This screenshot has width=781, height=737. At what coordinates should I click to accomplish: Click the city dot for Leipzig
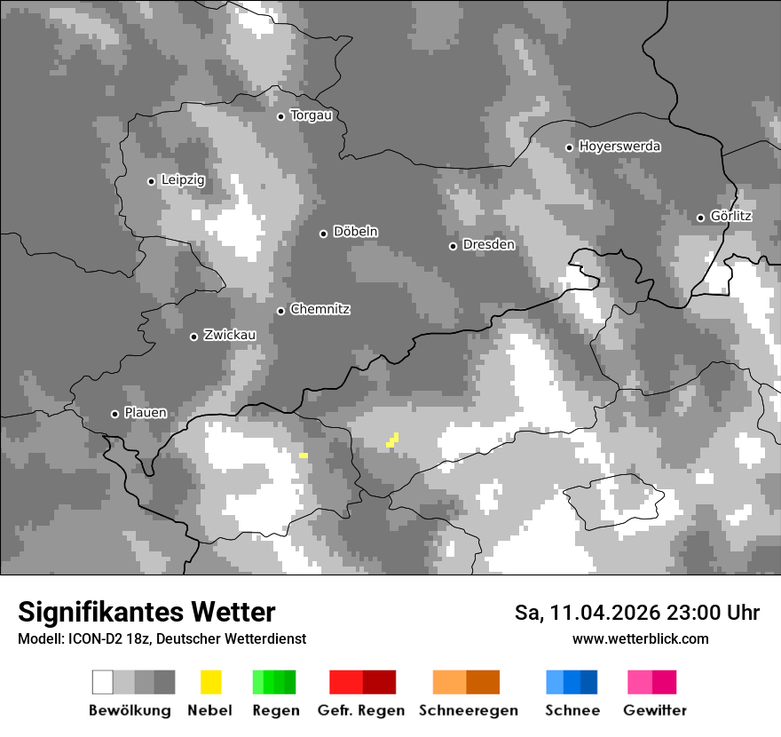pyautogui.click(x=151, y=181)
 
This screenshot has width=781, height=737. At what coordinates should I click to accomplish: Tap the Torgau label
pyautogui.click(x=311, y=115)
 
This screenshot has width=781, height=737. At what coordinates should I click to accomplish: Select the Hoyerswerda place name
pyautogui.click(x=619, y=147)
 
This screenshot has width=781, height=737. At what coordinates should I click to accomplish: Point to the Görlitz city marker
pyautogui.click(x=700, y=218)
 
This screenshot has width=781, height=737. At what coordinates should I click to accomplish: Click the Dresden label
pyautogui.click(x=488, y=244)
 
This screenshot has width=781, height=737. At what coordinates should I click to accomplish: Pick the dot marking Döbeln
pyautogui.click(x=323, y=234)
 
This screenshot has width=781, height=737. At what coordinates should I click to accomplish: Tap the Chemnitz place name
pyautogui.click(x=319, y=310)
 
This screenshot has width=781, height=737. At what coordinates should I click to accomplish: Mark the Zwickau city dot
pyautogui.click(x=193, y=337)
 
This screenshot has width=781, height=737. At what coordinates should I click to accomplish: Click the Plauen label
pyautogui.click(x=145, y=413)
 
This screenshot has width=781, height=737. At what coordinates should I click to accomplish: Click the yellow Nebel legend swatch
pyautogui.click(x=210, y=682)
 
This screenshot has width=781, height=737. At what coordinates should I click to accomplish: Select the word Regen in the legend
pyautogui.click(x=275, y=710)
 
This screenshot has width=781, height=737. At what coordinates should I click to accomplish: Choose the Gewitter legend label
pyautogui.click(x=655, y=710)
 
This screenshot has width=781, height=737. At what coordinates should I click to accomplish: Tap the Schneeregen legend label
pyautogui.click(x=469, y=710)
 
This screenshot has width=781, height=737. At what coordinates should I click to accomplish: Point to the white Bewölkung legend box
pyautogui.click(x=103, y=682)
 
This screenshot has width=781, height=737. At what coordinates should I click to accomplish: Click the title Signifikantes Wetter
pyautogui.click(x=146, y=613)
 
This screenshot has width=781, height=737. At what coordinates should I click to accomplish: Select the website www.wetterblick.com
pyautogui.click(x=640, y=639)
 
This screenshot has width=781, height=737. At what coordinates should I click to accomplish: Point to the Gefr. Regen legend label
pyautogui.click(x=360, y=710)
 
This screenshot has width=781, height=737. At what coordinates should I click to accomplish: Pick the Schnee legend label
pyautogui.click(x=572, y=710)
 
